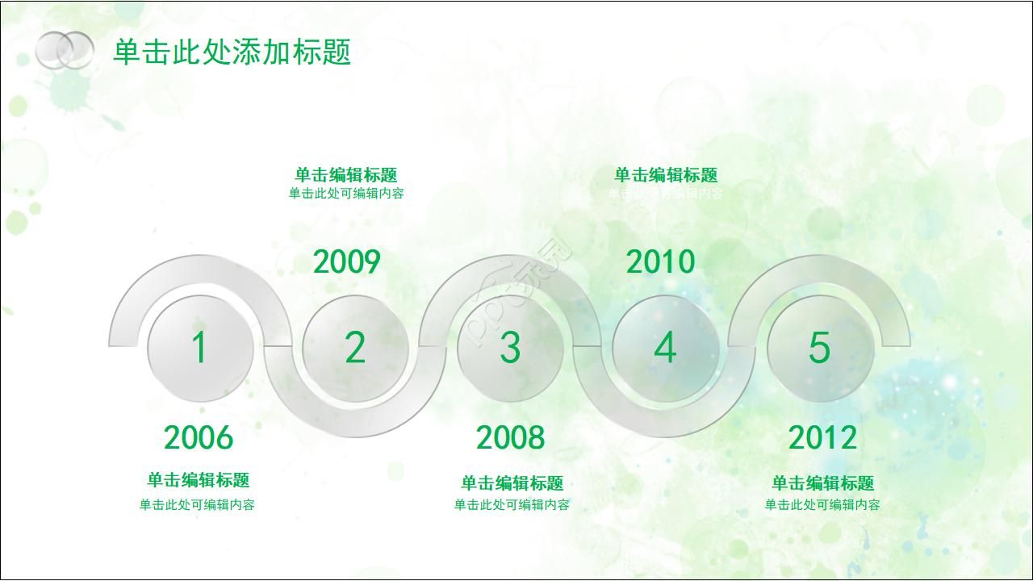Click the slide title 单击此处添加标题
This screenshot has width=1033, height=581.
pos(232,52)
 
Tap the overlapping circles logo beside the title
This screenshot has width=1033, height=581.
pos(65,50)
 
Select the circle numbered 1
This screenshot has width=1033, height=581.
pos(200,348)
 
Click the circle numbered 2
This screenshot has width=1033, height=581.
pos(355,348)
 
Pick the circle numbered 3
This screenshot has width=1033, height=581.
pos(510,348)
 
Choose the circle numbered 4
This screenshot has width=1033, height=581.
pos(665,348)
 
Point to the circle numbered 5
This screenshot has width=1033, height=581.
pos(820,348)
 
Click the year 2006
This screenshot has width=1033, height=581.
pos(199,438)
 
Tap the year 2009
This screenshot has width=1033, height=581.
pos(346,262)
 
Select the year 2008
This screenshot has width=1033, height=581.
pos(510,438)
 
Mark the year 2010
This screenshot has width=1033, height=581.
pos(660,262)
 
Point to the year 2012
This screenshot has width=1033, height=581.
pos(822,438)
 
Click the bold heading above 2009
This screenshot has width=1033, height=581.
pos(346,175)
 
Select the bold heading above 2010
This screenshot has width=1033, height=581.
pos(666,175)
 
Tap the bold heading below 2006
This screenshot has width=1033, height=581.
pos(198,480)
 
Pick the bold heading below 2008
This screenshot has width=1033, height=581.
pos(512,483)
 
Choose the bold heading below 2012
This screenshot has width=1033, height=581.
pos(822,483)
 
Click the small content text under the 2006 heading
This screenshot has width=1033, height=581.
pos(197,505)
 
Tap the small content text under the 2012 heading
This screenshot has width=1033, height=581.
pos(822,505)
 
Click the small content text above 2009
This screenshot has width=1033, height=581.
pos(346,194)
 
